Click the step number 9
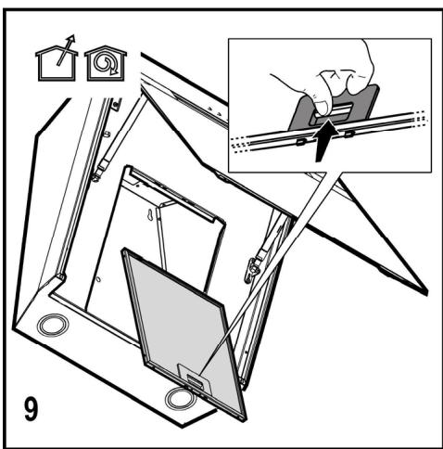click(x=32, y=409)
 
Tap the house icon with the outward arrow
click(x=57, y=60)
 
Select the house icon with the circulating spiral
click(x=106, y=63)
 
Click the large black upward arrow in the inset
click(x=324, y=141)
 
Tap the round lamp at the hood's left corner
click(x=53, y=326)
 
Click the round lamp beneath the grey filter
click(x=179, y=399)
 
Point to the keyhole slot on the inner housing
click(x=150, y=215)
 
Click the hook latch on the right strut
click(x=252, y=268)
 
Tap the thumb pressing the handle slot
click(x=322, y=105)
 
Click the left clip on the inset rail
click(x=300, y=142)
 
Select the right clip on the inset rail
click(x=349, y=134)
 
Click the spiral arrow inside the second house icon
click(x=106, y=64)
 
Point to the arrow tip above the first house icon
click(x=73, y=36)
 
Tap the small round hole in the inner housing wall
click(x=98, y=279)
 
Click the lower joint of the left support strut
click(x=97, y=175)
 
